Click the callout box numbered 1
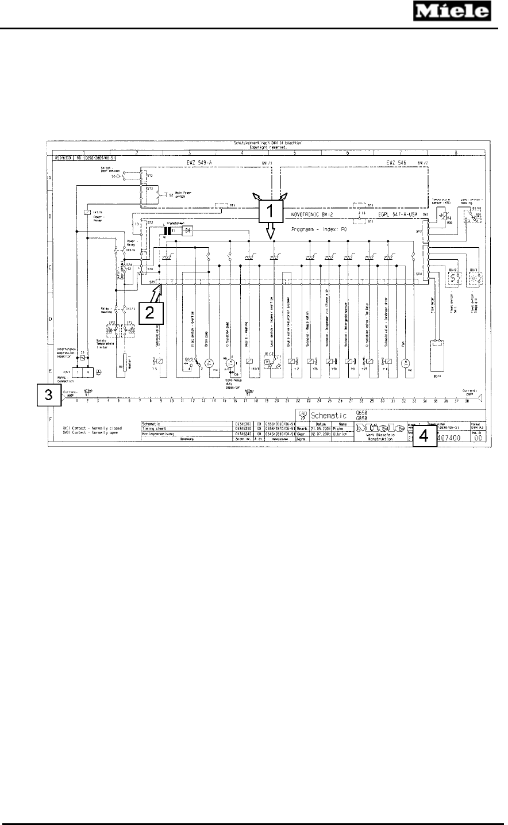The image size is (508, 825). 270,213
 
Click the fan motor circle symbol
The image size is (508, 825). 405,362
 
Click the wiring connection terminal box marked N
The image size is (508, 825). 87,372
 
